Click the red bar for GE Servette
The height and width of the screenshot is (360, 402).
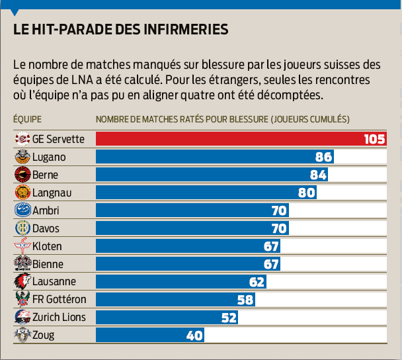225,139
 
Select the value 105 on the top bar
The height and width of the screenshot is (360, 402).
374,139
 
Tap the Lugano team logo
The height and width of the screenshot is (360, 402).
22,157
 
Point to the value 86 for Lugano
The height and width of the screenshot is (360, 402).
324,157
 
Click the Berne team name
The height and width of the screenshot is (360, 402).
46,175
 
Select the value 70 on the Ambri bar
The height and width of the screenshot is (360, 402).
279,210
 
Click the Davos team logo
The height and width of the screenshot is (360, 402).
22,228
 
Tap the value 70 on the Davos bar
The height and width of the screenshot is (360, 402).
279,228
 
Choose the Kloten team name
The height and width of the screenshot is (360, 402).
47,246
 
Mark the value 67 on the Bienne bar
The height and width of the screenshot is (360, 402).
270,264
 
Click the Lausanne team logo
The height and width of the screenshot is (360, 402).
22,282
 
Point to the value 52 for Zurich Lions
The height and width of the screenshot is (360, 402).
229,318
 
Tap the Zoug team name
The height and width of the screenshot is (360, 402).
44,336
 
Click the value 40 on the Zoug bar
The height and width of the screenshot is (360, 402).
194,336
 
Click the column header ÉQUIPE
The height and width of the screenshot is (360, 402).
27,119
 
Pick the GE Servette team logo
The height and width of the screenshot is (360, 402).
22,139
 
